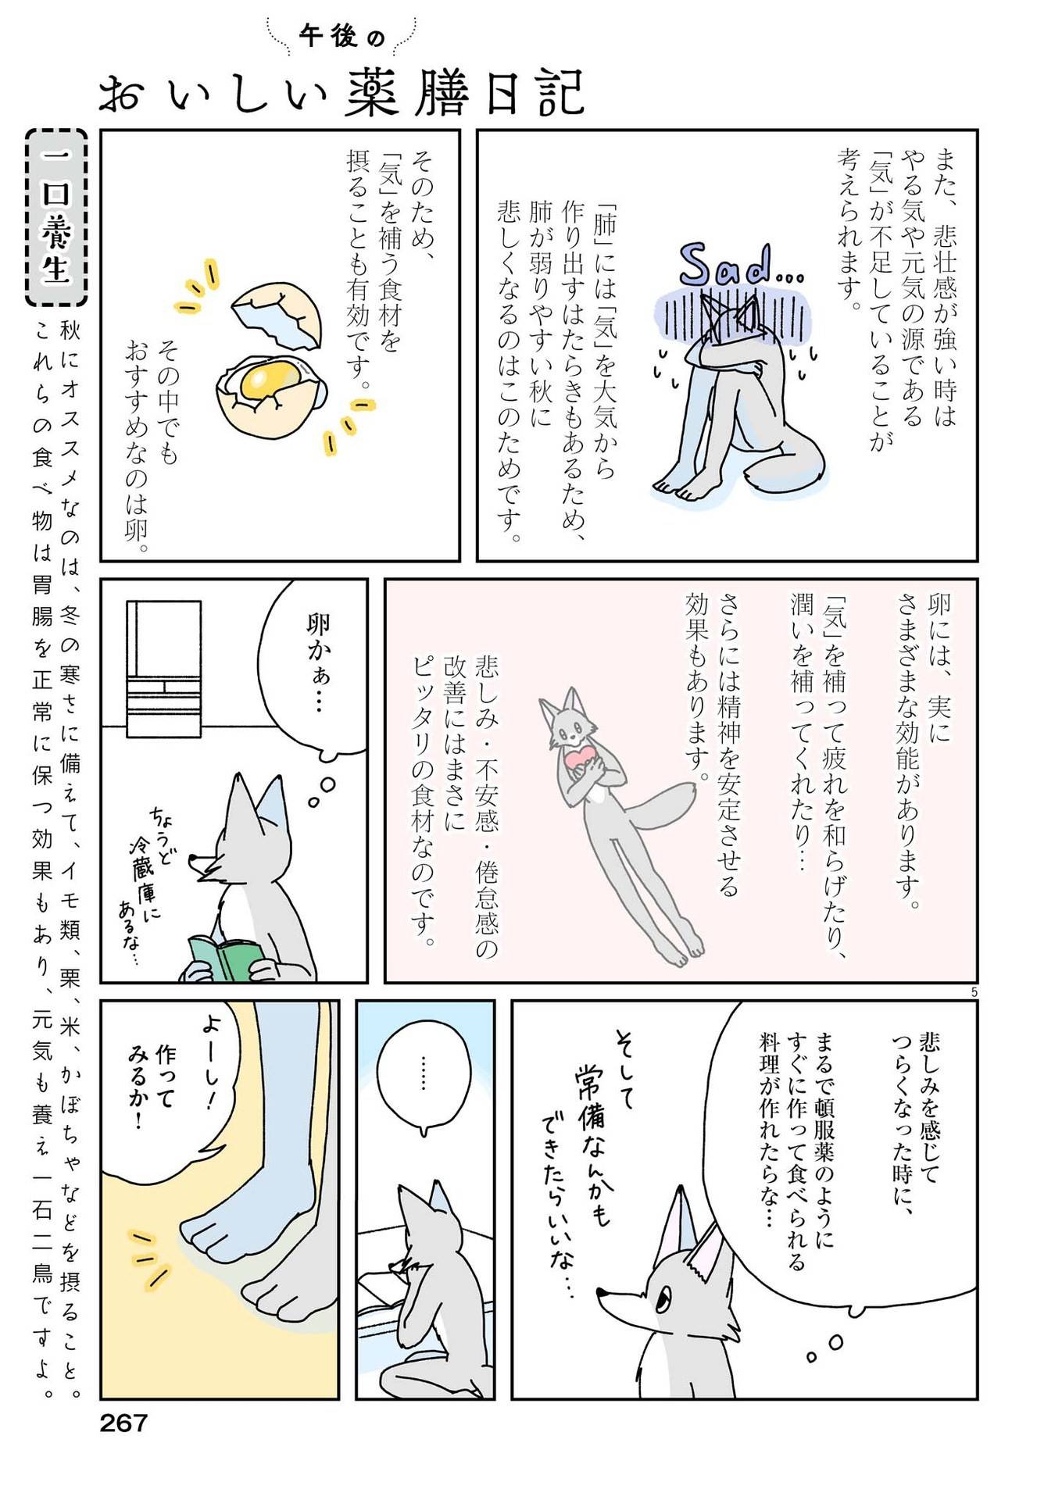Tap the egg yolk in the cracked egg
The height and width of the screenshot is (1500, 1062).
click(x=266, y=380)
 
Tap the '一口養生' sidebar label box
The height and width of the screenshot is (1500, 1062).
click(x=56, y=217)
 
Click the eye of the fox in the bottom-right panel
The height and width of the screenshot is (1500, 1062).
click(x=661, y=1301)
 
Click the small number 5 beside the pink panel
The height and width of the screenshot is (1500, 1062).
click(x=974, y=992)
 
